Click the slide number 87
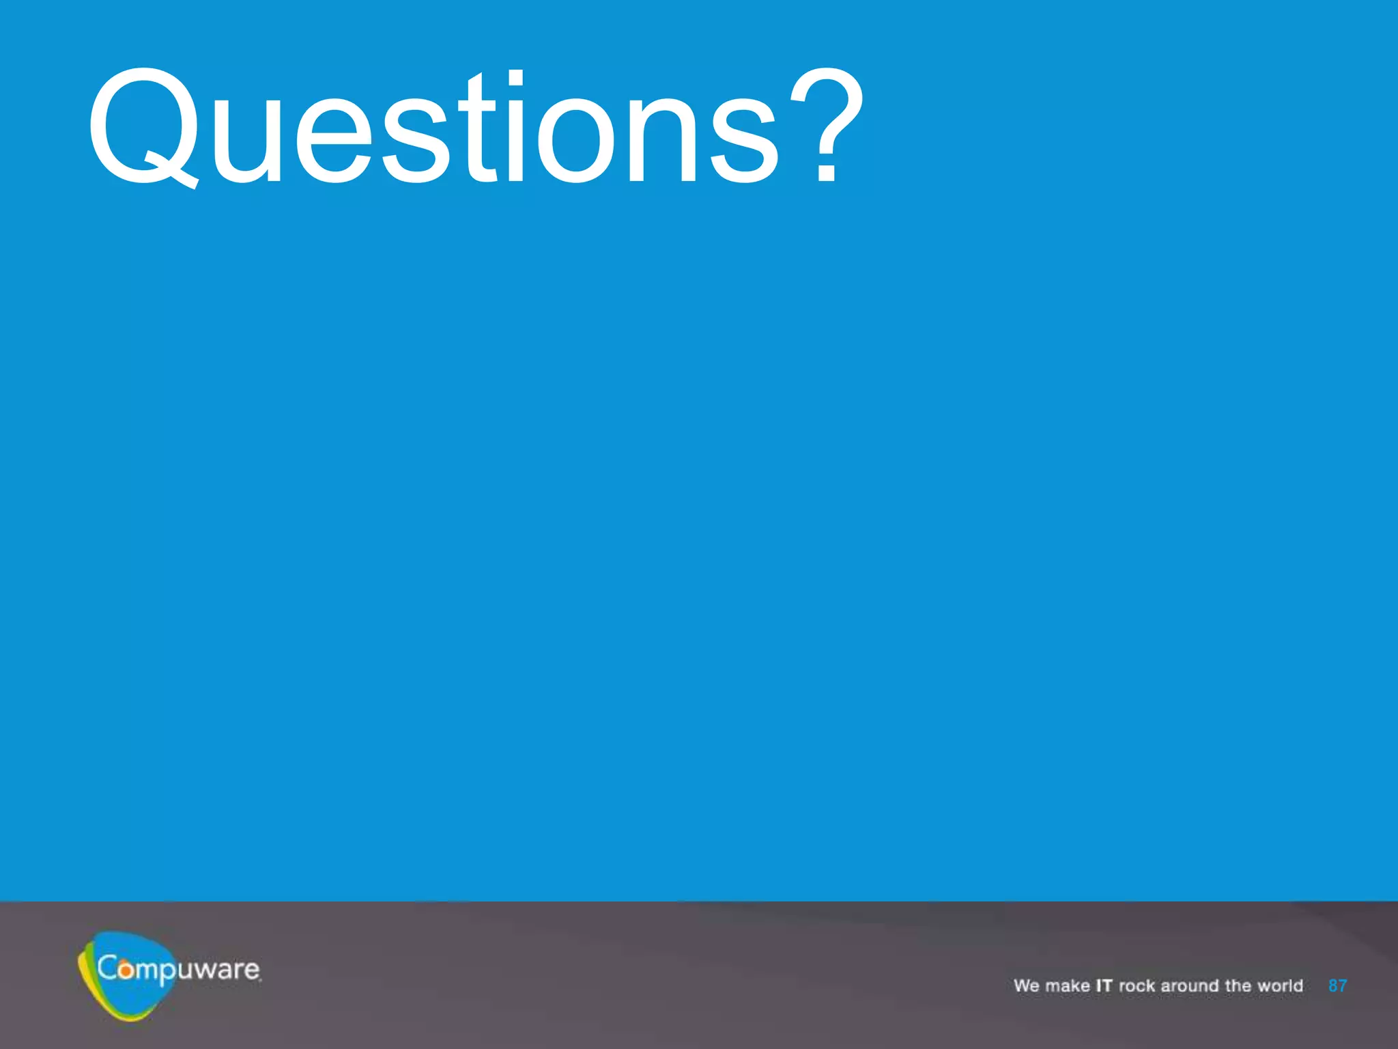pyautogui.click(x=1337, y=985)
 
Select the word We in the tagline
pyautogui.click(x=1026, y=985)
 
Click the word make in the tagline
pyautogui.click(x=1068, y=985)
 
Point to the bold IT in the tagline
pyautogui.click(x=1104, y=985)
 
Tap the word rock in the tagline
pyautogui.click(x=1137, y=985)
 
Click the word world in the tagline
pyautogui.click(x=1281, y=985)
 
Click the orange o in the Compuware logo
pyautogui.click(x=126, y=969)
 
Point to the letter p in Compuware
pyautogui.click(x=167, y=973)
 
